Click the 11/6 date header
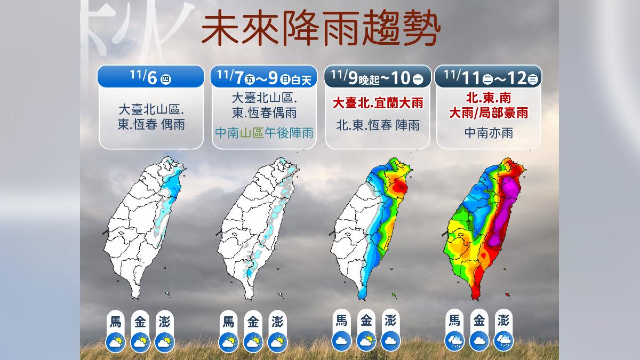pos(150,77)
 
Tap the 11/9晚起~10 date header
pos(377,77)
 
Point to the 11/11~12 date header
pos(488,77)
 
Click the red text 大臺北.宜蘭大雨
pos(377,103)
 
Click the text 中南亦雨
pos(489,133)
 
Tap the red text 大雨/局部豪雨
pos(489,113)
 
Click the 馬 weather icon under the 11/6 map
pos(116,341)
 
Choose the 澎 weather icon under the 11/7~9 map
pos(277,341)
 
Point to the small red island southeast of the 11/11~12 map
pos(507,293)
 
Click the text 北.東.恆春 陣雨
pos(377,125)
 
